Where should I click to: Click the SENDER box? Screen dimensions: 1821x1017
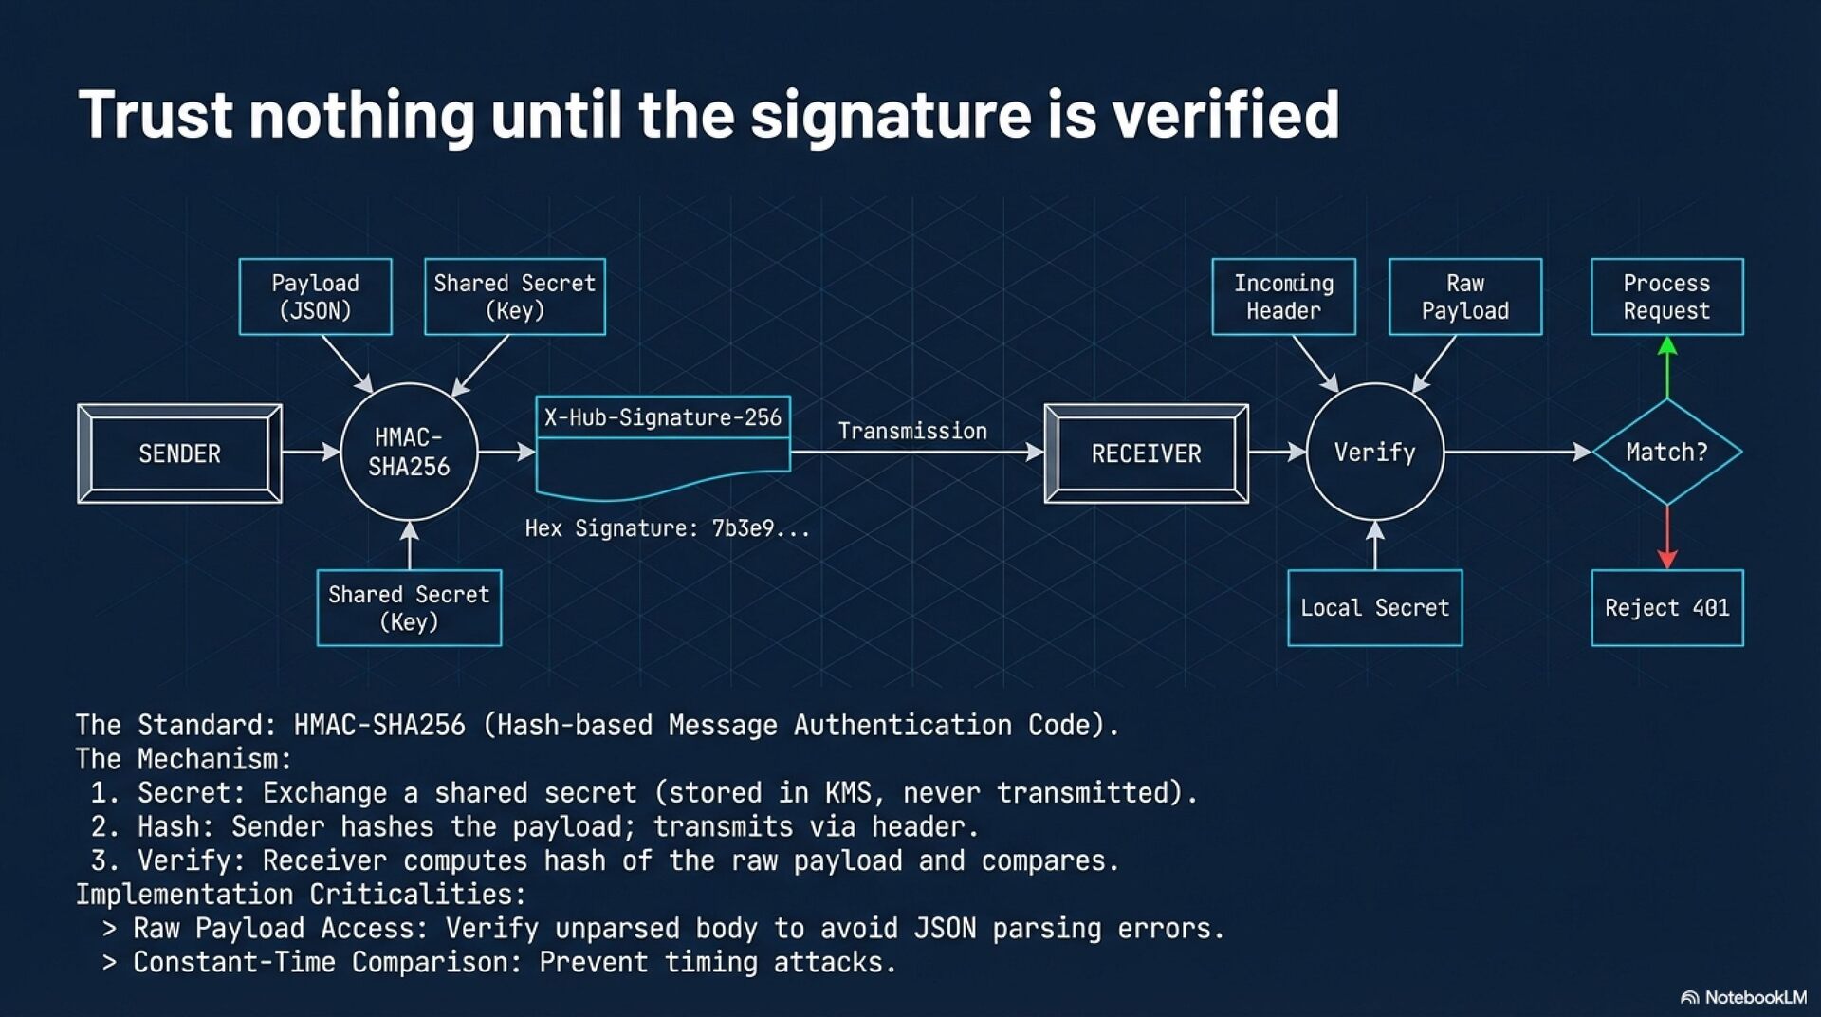(179, 453)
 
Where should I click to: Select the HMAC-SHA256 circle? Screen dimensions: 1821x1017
(409, 452)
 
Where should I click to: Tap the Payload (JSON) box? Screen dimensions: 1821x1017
(315, 297)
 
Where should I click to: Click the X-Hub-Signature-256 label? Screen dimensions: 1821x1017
(662, 417)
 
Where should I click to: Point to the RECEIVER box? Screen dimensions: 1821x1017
(1146, 453)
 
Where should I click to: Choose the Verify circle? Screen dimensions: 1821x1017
(1374, 452)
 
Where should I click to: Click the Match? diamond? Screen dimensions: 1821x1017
(1666, 452)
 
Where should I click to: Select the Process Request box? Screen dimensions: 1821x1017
(1666, 297)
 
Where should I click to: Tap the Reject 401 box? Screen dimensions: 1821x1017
(1666, 607)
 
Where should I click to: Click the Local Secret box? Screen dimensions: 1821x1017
(1374, 607)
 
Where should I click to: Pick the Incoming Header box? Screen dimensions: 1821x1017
(1283, 297)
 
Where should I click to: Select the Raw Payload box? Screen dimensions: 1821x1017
(1464, 297)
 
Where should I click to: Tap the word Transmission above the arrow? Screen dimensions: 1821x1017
(912, 432)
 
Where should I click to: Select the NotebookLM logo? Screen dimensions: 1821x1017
(1743, 997)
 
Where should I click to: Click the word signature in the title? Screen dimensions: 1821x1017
(891, 115)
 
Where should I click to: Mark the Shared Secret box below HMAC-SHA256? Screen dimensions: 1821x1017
(409, 607)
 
